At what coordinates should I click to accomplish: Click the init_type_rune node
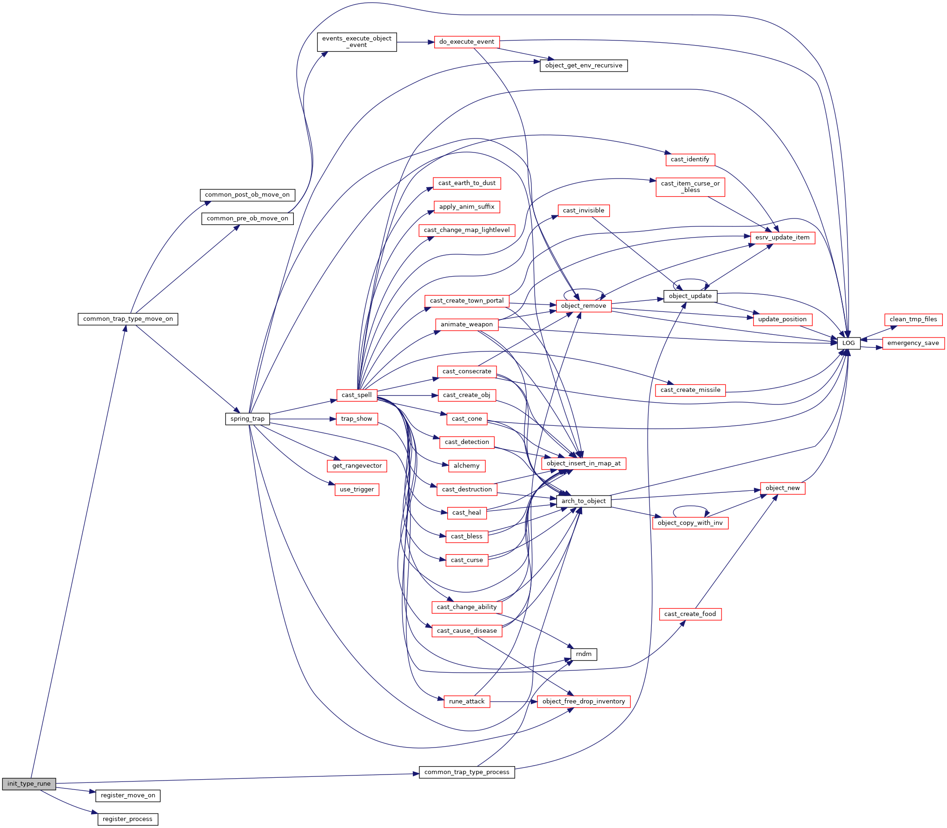(29, 784)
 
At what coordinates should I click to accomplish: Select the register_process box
(128, 819)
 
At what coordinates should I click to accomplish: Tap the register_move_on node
(128, 795)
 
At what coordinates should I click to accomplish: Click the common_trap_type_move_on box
(128, 319)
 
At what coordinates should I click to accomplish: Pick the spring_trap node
(247, 419)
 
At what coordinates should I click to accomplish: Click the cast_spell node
(357, 395)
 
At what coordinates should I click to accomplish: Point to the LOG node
(848, 343)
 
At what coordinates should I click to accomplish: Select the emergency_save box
(913, 343)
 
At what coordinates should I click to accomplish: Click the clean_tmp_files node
(913, 319)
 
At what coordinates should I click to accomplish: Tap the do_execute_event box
(467, 42)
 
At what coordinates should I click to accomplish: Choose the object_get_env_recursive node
(583, 66)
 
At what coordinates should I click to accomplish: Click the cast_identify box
(690, 159)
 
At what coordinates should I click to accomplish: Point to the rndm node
(583, 654)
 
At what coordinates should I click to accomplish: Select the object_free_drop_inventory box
(583, 702)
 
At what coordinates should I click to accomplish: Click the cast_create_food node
(690, 614)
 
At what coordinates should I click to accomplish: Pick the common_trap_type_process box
(467, 772)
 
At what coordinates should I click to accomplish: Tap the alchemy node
(466, 466)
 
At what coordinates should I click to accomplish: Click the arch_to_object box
(583, 501)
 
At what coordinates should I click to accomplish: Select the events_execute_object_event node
(357, 42)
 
